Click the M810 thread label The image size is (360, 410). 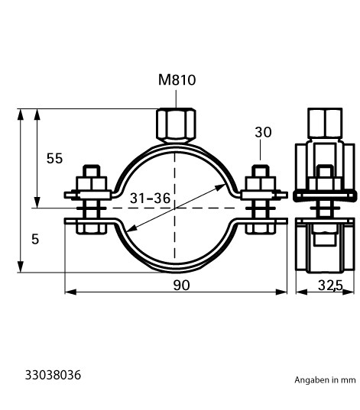pyautogui.click(x=177, y=79)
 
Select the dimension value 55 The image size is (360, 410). pyautogui.click(x=54, y=159)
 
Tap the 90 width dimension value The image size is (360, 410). pyautogui.click(x=181, y=286)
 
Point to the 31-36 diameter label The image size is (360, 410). pyautogui.click(x=150, y=199)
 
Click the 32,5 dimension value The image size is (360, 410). pyautogui.click(x=330, y=286)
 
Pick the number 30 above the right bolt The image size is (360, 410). pyautogui.click(x=263, y=132)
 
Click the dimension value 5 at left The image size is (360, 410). pyautogui.click(x=35, y=239)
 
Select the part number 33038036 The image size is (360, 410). pyautogui.click(x=53, y=375)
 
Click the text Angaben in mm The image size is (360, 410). pyautogui.click(x=325, y=380)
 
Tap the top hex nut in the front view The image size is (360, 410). pyautogui.click(x=176, y=125)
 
